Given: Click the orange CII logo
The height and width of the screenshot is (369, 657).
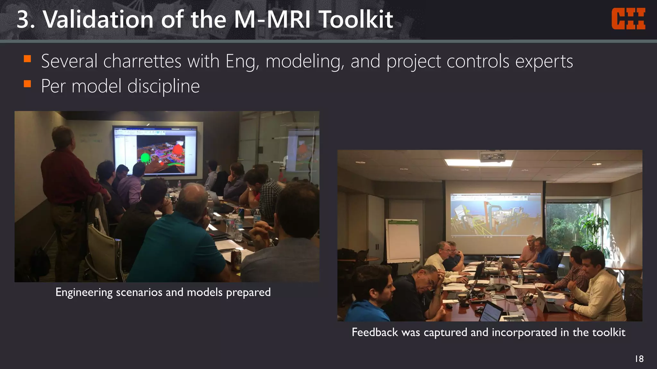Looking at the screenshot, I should click(x=628, y=19).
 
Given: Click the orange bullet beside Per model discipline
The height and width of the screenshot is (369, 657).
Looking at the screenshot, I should click(x=27, y=84).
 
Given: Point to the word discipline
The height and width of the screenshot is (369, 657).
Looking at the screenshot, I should click(x=164, y=86).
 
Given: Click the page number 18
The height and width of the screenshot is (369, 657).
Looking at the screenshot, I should click(x=639, y=359).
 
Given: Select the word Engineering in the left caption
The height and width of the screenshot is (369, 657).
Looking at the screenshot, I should click(x=84, y=292).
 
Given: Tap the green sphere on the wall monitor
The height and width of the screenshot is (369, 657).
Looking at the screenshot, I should click(x=145, y=158).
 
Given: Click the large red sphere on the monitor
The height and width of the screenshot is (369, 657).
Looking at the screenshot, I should click(x=177, y=151).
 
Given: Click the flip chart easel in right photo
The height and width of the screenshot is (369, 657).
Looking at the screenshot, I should click(x=402, y=240).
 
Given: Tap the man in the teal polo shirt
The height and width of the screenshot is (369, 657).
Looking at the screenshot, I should click(x=180, y=243).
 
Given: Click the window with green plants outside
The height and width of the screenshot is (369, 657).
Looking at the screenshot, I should click(x=571, y=224).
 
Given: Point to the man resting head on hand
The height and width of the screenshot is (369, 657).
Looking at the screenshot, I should click(x=423, y=288).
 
